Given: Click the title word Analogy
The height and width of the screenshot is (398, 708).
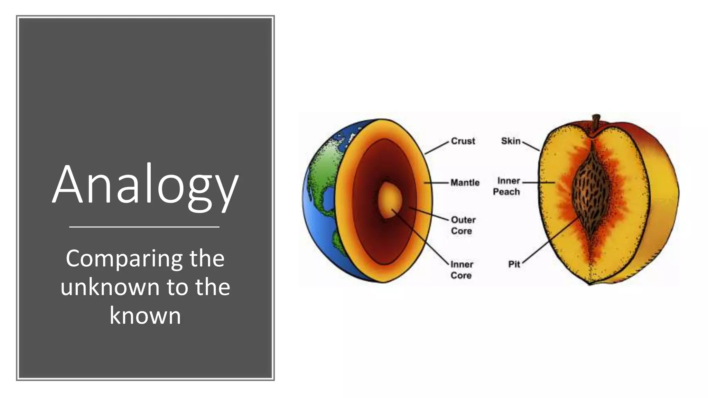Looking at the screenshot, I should (x=145, y=185).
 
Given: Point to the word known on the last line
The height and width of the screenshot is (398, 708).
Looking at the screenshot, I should (x=145, y=315).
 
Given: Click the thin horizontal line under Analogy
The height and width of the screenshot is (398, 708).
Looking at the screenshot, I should (x=144, y=227).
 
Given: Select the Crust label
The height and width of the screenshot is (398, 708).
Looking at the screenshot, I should (x=463, y=141).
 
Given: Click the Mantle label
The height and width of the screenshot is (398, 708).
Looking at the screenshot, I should (x=465, y=182).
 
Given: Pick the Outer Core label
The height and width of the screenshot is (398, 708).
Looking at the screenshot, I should (x=463, y=225).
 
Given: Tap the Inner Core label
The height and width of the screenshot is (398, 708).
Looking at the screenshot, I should (x=462, y=269).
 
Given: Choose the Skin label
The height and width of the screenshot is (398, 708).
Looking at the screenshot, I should (x=511, y=141).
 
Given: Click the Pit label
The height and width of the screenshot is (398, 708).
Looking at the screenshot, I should (x=514, y=264).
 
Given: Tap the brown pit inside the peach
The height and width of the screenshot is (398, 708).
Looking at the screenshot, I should (x=591, y=188).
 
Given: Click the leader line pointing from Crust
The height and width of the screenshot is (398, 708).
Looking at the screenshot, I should (x=437, y=148).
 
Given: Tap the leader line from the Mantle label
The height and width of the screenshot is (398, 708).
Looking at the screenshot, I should (x=437, y=182).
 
